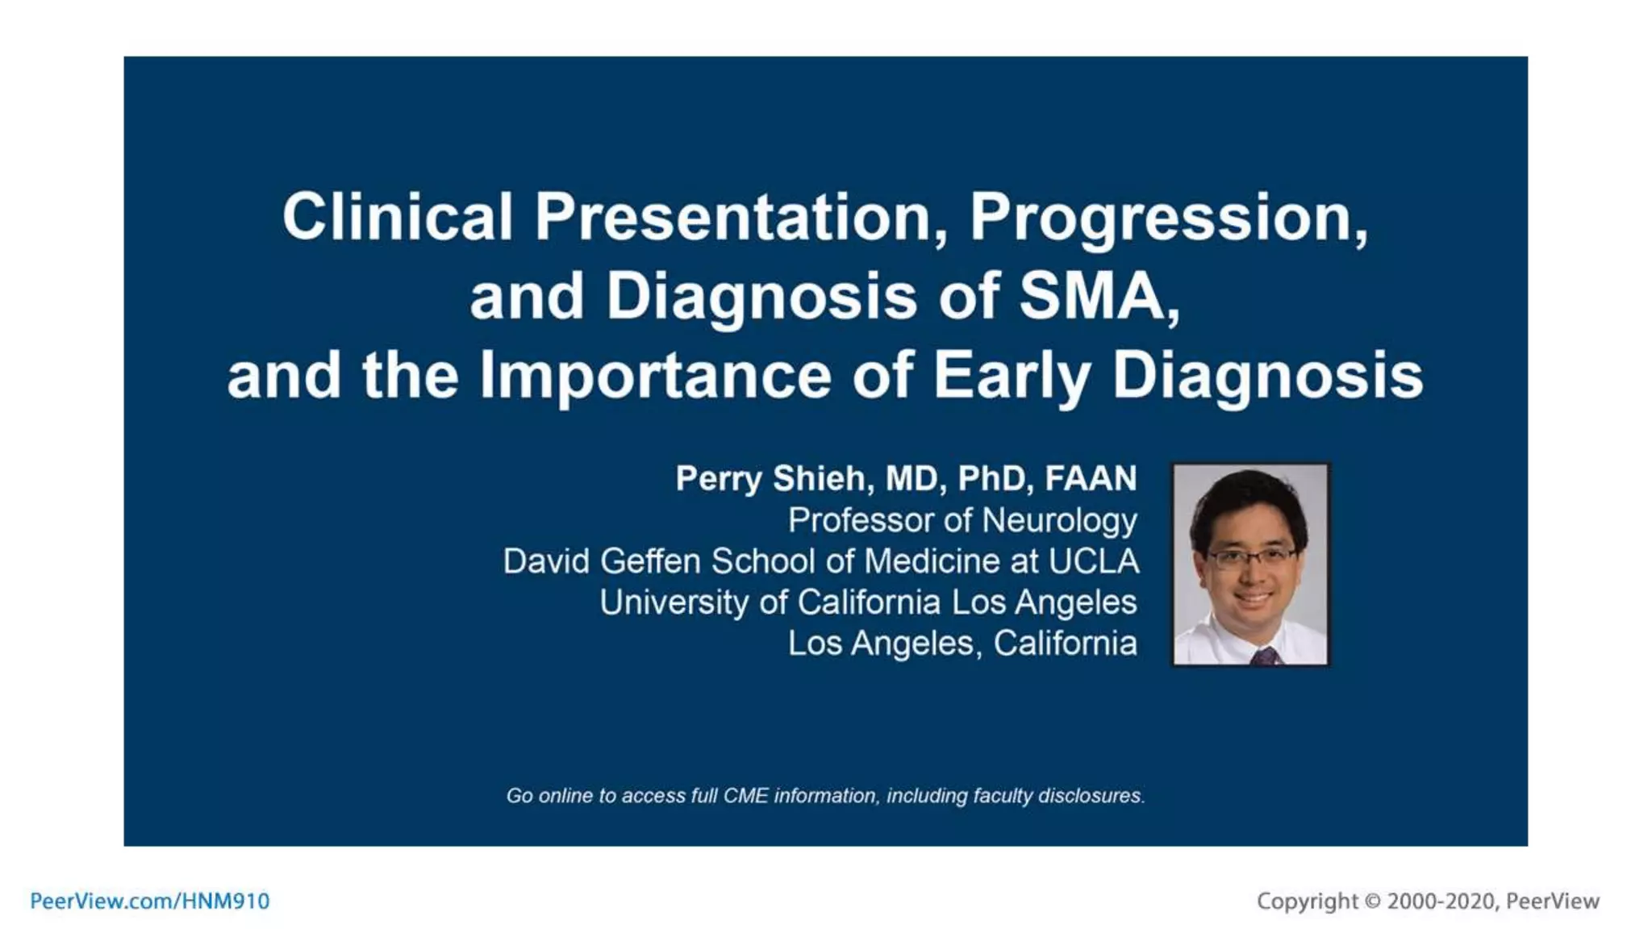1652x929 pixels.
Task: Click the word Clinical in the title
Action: [x=397, y=217]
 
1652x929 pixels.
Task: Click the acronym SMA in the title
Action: [x=1097, y=296]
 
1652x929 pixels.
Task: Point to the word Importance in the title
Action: [x=655, y=376]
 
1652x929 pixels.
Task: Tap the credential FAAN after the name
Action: [x=1091, y=478]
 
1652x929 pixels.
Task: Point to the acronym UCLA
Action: [x=1093, y=561]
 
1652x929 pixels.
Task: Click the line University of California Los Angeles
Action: [x=868, y=602]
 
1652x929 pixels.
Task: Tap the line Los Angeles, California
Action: [x=962, y=644]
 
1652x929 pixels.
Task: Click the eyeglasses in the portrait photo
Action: [x=1250, y=556]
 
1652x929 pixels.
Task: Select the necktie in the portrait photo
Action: [x=1265, y=655]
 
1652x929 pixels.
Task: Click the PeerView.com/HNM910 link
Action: [x=150, y=901]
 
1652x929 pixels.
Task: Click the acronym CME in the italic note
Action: [x=745, y=796]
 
